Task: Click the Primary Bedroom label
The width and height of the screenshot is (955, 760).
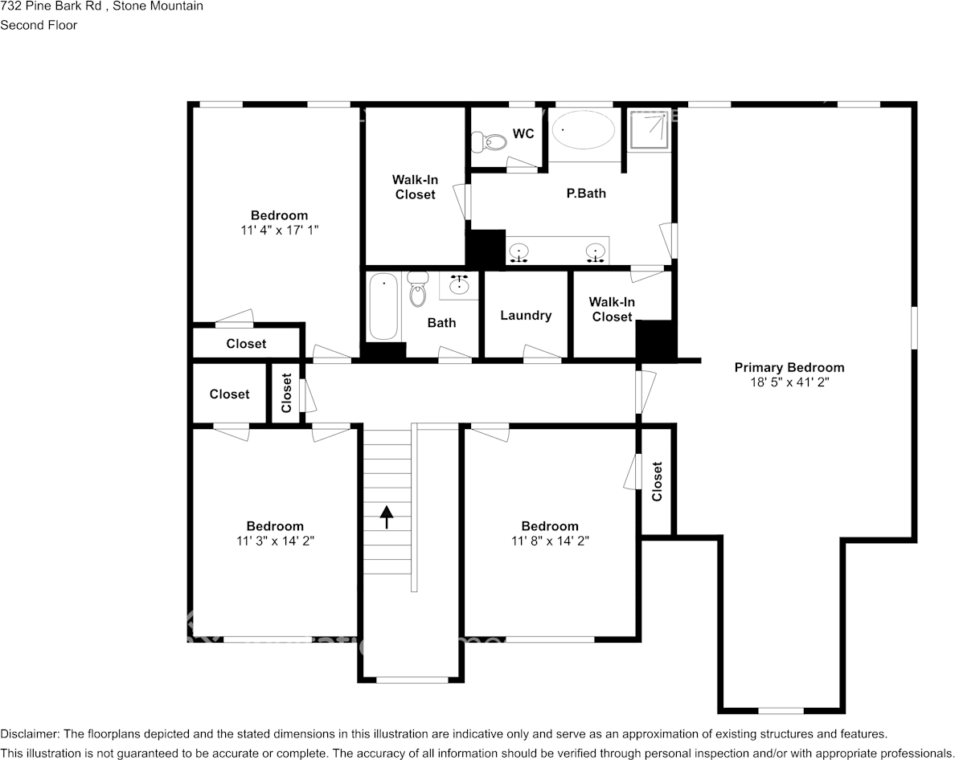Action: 789,368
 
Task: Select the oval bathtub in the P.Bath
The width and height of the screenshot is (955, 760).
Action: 584,130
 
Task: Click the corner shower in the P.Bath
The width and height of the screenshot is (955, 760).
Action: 648,129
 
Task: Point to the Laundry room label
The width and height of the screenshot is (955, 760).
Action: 526,316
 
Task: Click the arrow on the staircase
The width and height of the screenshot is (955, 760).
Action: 387,516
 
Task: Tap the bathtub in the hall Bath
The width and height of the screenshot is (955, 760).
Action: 383,307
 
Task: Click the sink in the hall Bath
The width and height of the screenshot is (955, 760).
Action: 460,285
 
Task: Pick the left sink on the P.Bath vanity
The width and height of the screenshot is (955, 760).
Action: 520,253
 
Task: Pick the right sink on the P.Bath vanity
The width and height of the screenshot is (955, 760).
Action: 596,253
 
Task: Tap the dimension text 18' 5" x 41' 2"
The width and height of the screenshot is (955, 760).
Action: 789,382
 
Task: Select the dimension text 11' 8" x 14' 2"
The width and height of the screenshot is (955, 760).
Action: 549,541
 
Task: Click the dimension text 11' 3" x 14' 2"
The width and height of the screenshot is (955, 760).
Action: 275,541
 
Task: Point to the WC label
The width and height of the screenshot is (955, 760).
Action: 523,133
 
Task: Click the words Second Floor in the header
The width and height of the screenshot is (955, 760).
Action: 39,25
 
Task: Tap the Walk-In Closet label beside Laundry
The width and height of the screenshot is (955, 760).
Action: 612,309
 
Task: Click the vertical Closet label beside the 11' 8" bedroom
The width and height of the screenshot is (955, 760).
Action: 658,480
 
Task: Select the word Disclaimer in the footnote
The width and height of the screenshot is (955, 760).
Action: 29,734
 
